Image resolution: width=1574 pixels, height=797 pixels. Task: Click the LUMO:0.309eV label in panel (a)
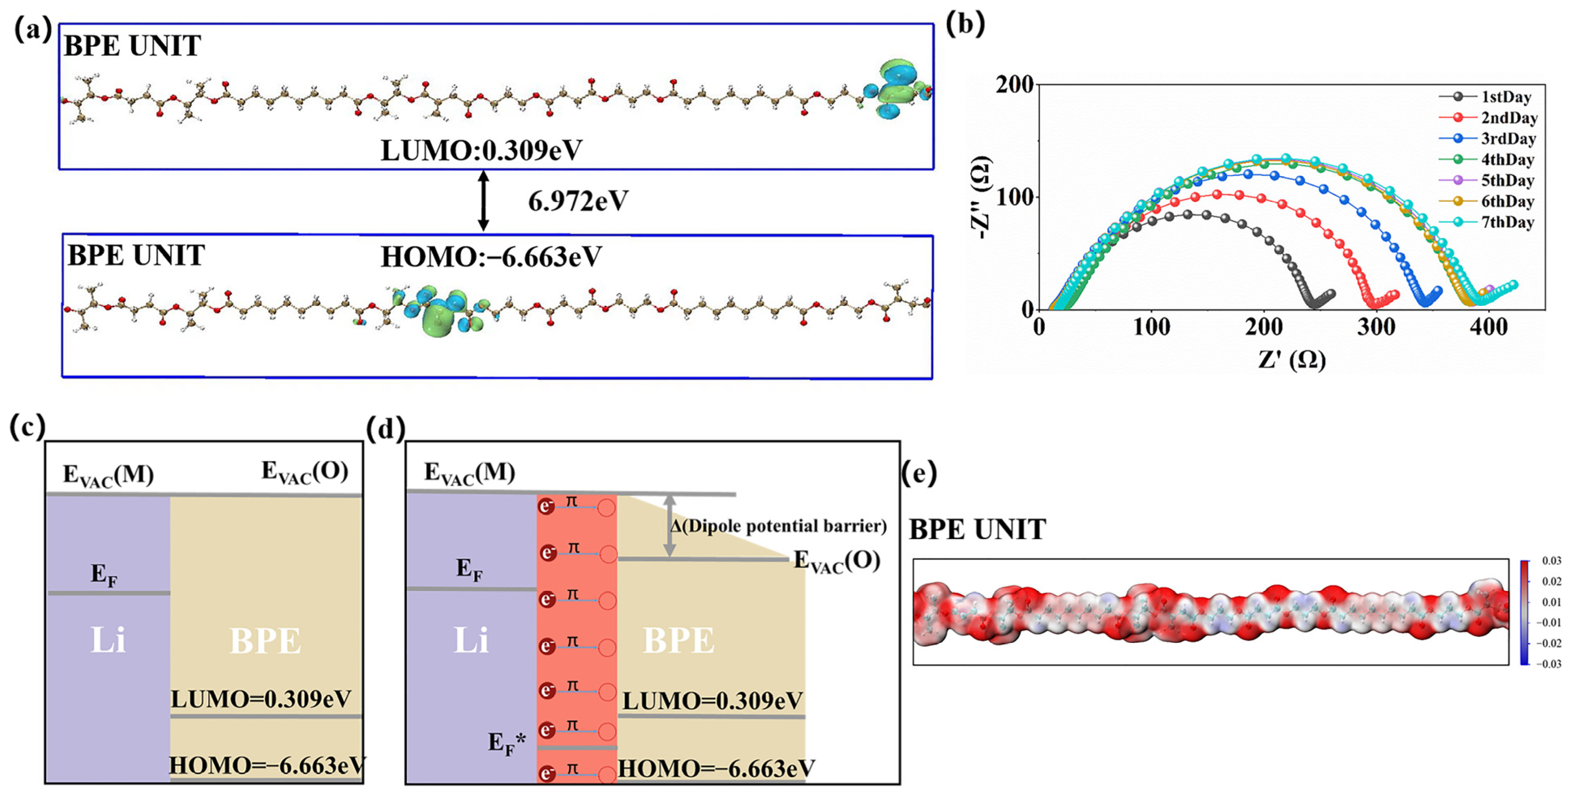(x=481, y=150)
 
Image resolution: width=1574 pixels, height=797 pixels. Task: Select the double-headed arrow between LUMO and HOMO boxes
(x=483, y=201)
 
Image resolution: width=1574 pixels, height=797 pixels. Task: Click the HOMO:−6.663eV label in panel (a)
(x=491, y=257)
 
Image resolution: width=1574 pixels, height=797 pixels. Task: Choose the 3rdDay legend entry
(x=1508, y=139)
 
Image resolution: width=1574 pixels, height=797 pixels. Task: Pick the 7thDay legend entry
(x=1508, y=222)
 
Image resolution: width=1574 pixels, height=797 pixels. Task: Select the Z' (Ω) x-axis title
(x=1292, y=359)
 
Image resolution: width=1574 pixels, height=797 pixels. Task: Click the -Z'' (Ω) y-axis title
(x=981, y=197)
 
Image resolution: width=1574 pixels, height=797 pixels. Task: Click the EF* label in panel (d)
(x=506, y=743)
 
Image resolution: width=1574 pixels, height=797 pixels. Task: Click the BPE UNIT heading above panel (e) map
(x=978, y=529)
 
